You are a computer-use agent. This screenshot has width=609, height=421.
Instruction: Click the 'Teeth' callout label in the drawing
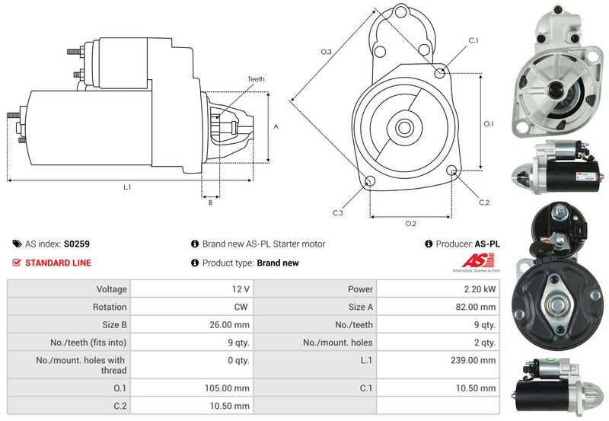click(256, 79)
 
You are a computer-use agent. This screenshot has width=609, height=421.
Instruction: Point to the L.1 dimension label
click(128, 187)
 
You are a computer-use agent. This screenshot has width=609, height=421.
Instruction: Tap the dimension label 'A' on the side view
click(276, 127)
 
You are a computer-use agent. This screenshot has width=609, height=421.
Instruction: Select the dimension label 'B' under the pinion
click(209, 202)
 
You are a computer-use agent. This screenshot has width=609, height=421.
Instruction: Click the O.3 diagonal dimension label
click(326, 52)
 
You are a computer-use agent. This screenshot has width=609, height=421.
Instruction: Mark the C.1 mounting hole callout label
click(472, 40)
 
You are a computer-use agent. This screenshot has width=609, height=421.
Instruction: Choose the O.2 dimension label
click(410, 223)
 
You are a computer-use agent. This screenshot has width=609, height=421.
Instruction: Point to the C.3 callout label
click(337, 212)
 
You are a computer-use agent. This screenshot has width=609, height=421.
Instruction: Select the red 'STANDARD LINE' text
click(58, 263)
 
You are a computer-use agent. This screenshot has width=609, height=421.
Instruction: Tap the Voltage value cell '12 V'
click(241, 289)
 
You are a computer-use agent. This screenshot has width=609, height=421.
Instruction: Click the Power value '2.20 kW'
click(480, 289)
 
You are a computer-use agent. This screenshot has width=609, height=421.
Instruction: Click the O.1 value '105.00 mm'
click(230, 388)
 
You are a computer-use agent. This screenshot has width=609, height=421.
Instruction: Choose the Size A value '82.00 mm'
click(478, 307)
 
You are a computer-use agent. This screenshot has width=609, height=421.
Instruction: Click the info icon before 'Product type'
click(195, 263)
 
